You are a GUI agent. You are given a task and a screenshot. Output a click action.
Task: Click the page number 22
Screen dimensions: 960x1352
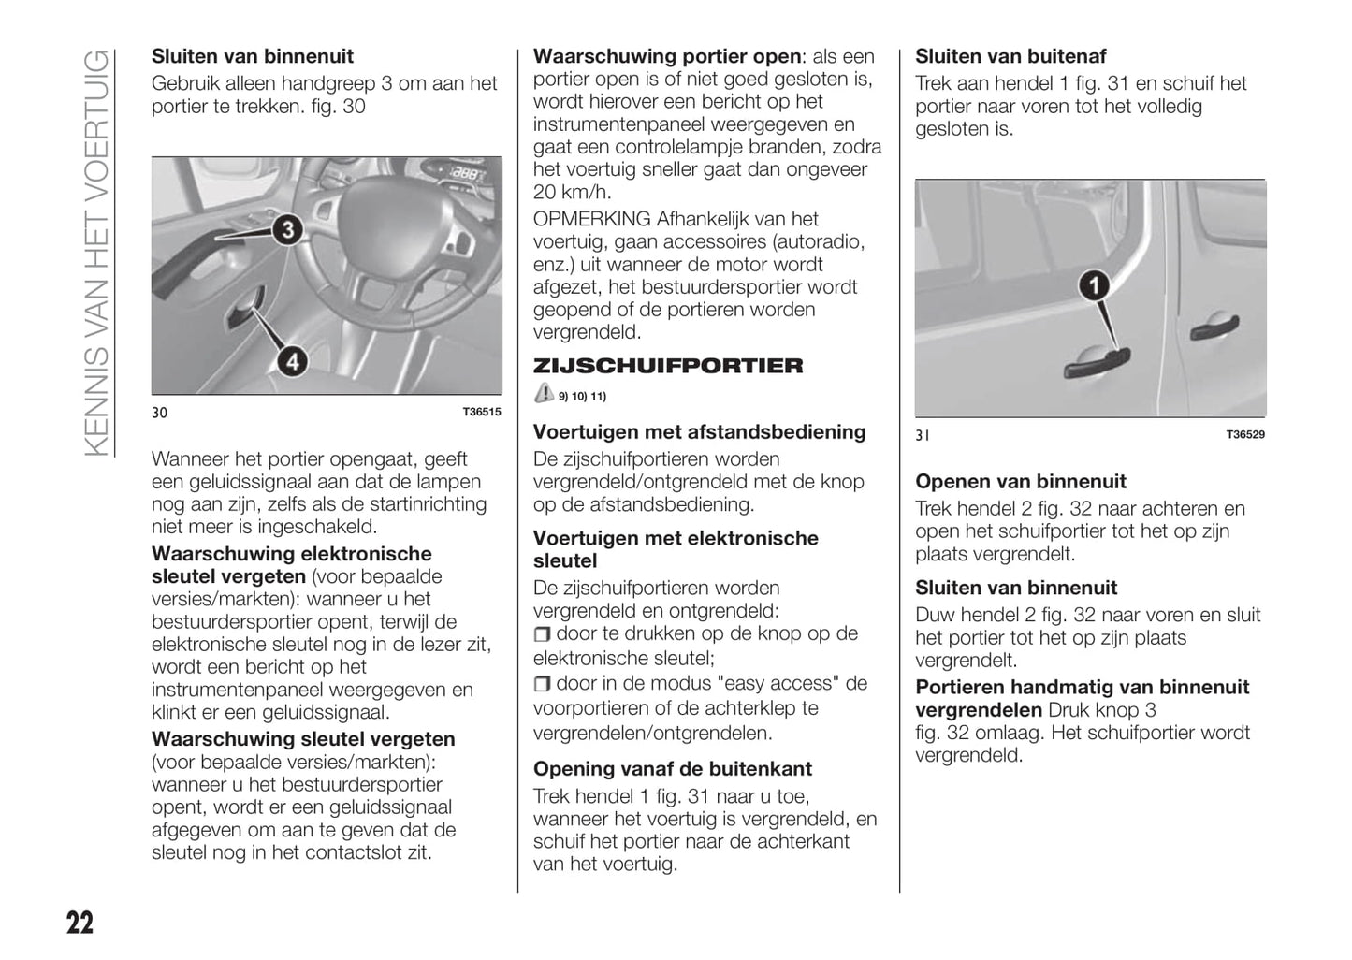tap(80, 923)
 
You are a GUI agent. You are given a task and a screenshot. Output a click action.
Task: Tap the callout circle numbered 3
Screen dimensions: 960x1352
tap(287, 229)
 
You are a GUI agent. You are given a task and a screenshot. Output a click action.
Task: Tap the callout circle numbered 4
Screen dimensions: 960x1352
tap(293, 360)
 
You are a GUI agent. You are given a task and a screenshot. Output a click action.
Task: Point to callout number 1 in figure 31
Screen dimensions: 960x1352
tap(1094, 285)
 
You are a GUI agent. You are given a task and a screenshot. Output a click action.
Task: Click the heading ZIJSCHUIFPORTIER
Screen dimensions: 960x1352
tap(667, 366)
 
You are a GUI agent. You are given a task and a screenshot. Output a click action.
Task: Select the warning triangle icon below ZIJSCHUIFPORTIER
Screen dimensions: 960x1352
tap(544, 394)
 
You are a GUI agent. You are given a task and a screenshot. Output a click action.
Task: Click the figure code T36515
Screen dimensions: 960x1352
tap(482, 412)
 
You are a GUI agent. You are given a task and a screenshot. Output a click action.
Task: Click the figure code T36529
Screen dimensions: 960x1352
tap(1245, 434)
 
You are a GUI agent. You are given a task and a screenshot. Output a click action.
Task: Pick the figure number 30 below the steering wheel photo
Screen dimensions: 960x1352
tap(160, 413)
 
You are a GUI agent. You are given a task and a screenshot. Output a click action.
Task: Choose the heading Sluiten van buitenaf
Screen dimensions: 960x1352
tap(1010, 56)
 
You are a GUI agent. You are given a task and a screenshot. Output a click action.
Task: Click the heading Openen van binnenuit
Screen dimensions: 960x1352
tap(1021, 482)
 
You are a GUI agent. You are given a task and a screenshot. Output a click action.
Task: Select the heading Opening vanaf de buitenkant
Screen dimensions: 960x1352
tap(672, 769)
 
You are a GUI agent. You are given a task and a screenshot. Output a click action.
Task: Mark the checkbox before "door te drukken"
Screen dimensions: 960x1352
tap(542, 635)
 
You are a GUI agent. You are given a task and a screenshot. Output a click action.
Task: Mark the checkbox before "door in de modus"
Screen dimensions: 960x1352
tap(542, 685)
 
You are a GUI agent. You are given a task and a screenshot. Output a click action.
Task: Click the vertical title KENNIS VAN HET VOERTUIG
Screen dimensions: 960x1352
tap(98, 253)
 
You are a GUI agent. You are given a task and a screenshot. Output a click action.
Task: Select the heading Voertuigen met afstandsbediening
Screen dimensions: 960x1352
tap(699, 432)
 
